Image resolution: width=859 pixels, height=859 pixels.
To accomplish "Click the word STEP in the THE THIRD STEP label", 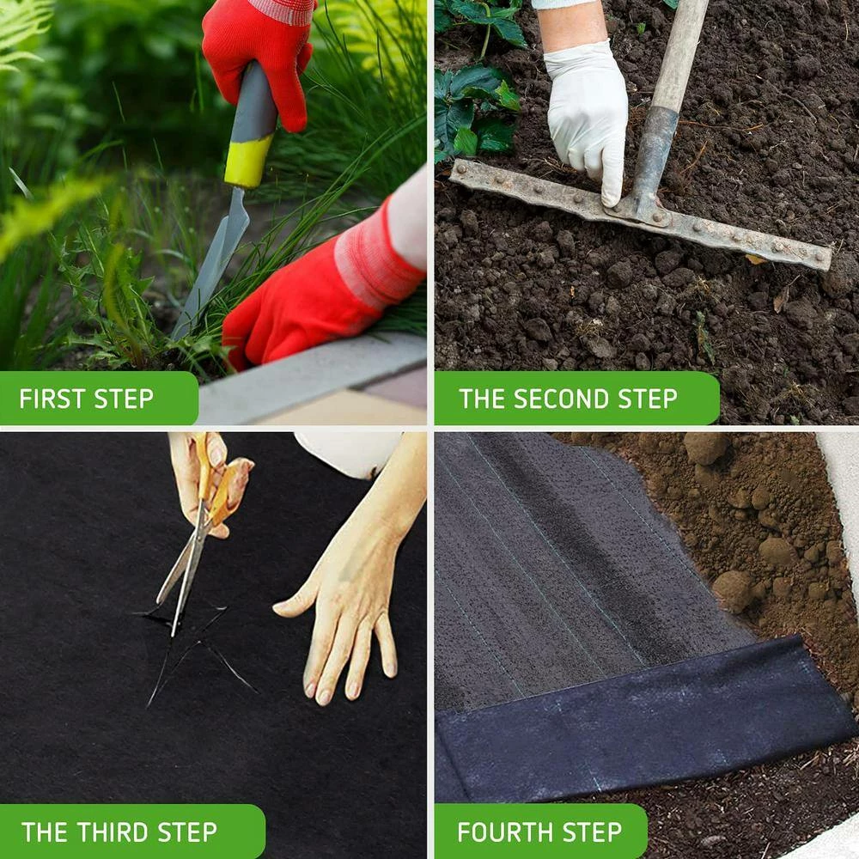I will click(184, 832).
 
